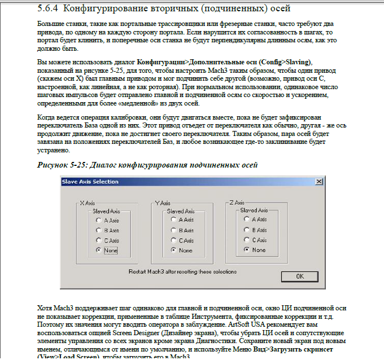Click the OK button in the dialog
(299, 276)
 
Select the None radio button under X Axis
(99, 250)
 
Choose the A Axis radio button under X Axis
(99, 220)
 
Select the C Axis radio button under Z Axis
(247, 240)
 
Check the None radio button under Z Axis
(247, 249)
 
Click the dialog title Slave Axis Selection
(91, 182)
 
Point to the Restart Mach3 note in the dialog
(183, 270)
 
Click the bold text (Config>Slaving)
(279, 61)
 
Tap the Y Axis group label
(163, 202)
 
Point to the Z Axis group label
(237, 201)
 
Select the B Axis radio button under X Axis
(99, 230)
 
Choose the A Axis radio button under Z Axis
(247, 219)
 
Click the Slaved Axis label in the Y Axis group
(180, 211)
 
